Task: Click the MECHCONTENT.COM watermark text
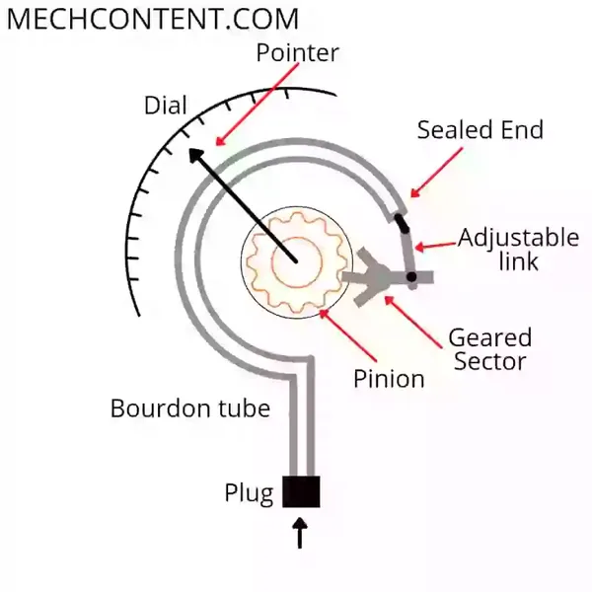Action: tap(153, 20)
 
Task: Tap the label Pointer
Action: tap(297, 52)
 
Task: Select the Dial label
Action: tap(165, 106)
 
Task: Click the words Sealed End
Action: tap(480, 130)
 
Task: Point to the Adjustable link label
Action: tap(518, 249)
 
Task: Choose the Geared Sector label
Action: tap(489, 348)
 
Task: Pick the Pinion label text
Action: tap(390, 378)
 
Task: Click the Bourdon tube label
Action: tap(189, 407)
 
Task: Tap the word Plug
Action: tap(249, 492)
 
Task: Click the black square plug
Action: tap(301, 491)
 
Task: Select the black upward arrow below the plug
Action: tap(301, 534)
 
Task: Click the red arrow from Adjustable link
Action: tap(435, 244)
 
